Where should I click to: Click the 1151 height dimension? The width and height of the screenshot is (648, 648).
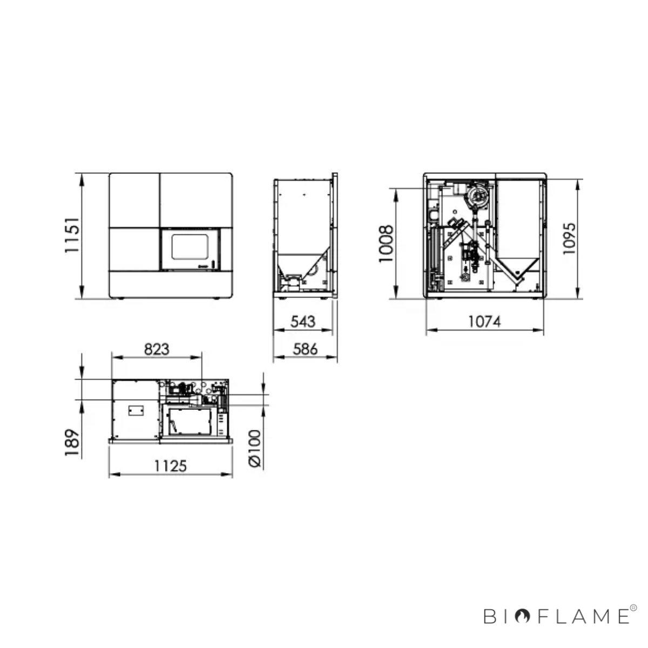tap(72, 235)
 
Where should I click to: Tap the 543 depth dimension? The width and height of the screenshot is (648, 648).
tap(303, 322)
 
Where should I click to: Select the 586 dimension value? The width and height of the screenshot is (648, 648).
tap(305, 349)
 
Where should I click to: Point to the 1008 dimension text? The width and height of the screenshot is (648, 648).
tap(386, 244)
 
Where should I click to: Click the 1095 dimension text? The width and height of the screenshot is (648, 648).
tap(569, 239)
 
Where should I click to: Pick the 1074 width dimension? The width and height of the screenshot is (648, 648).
tap(484, 322)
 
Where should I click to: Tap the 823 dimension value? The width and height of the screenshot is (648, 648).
tap(157, 349)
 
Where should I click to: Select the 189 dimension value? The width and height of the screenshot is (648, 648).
tap(72, 443)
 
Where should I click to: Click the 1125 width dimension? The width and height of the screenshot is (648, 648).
tap(170, 466)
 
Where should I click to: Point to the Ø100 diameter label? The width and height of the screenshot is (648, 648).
tap(254, 448)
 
